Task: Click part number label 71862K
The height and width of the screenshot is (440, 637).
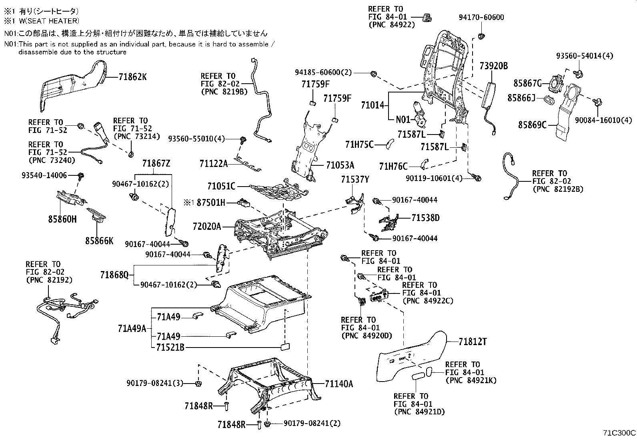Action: pos(132,76)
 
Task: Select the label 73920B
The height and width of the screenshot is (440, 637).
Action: pos(494,66)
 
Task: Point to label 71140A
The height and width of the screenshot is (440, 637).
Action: pos(339,384)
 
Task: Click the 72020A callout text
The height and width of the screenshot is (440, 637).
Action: pos(206,227)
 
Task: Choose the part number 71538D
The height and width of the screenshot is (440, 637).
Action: pos(425,218)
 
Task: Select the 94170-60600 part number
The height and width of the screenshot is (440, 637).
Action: pos(481,17)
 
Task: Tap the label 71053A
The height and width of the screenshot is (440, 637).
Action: pos(340,165)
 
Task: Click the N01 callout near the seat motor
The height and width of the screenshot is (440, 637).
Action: pos(403,119)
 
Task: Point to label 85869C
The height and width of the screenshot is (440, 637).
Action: pos(532,125)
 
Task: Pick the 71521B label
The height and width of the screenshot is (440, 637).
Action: pos(170,347)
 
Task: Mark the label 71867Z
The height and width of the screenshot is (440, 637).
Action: pos(156,163)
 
